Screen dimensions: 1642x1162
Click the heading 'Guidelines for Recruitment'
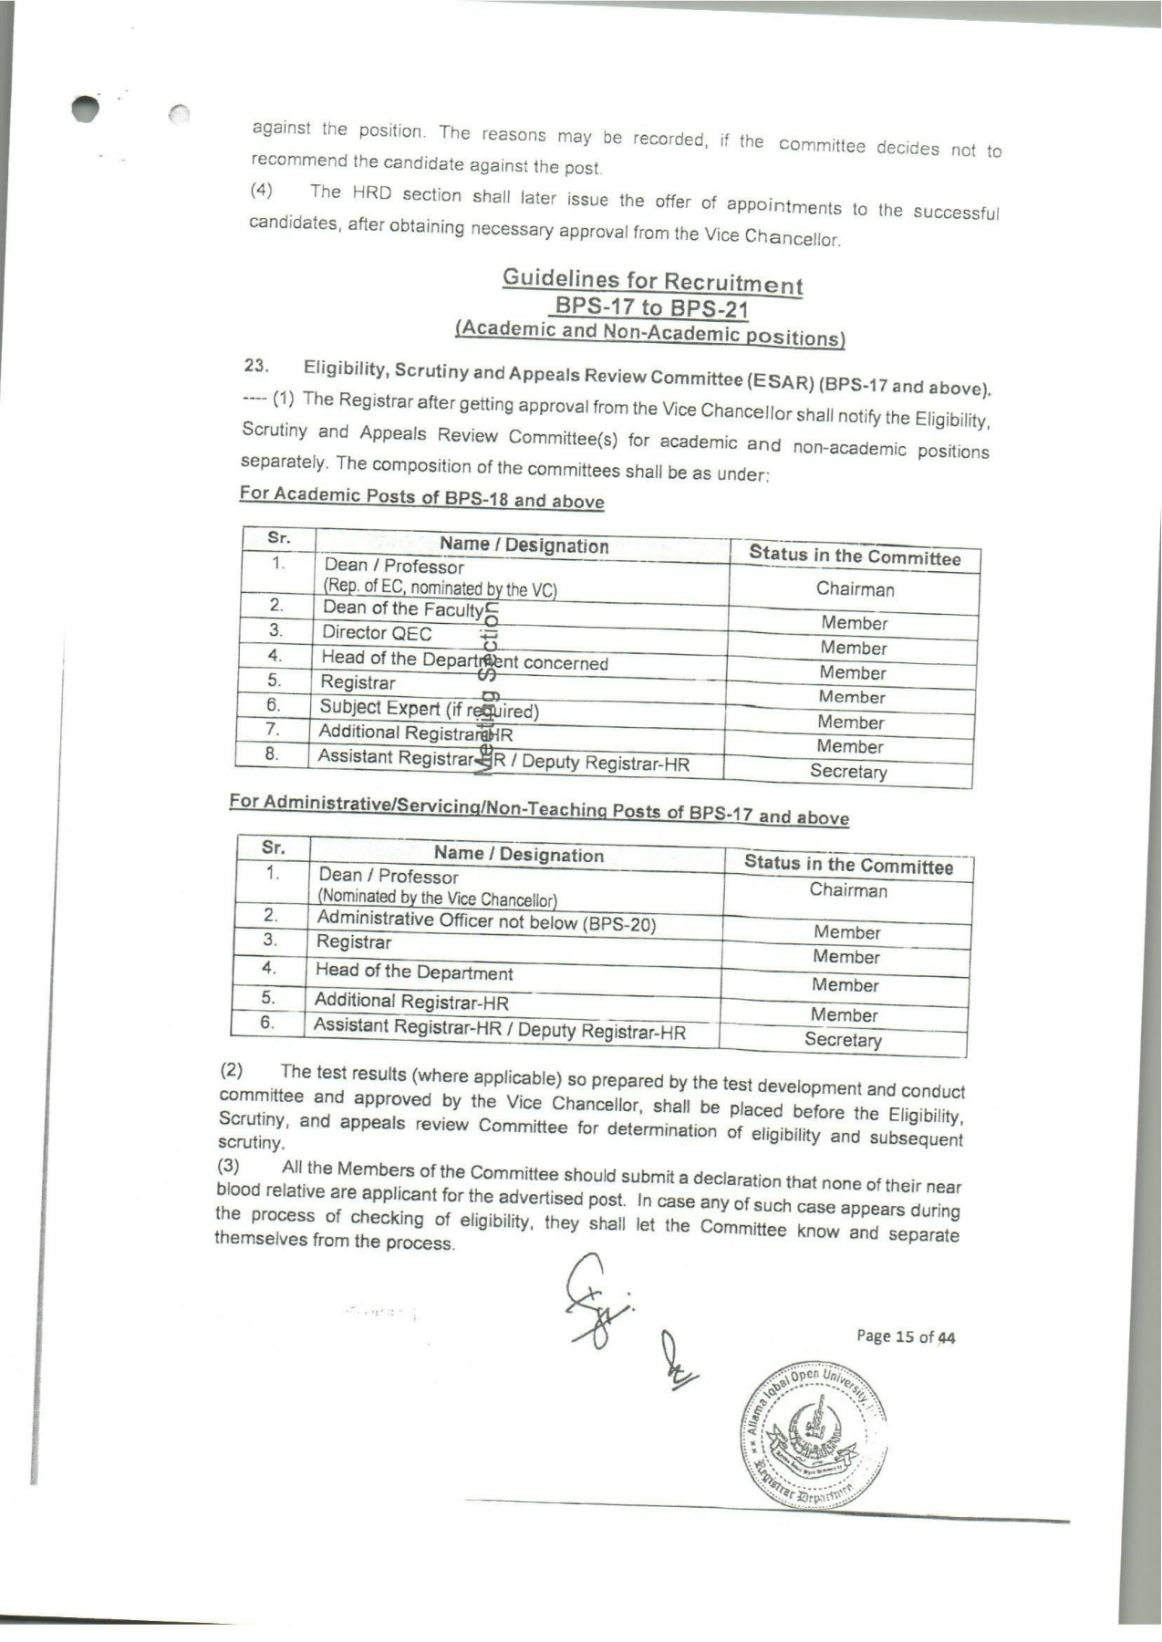click(x=652, y=280)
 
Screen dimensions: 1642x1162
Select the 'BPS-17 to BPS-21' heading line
click(x=652, y=307)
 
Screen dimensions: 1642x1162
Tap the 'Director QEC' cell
click(x=377, y=633)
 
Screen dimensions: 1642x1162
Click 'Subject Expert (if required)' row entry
click(x=429, y=709)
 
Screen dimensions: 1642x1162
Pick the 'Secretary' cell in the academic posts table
click(x=848, y=772)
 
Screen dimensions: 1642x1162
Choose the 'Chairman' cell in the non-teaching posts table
click(x=848, y=890)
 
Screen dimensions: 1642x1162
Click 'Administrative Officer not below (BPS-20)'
click(x=486, y=921)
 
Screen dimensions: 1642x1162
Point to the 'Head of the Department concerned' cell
click(x=464, y=660)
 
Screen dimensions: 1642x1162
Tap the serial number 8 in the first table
click(x=271, y=753)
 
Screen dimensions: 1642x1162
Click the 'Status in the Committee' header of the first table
click(x=855, y=556)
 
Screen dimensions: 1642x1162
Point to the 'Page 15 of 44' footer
click(x=905, y=1337)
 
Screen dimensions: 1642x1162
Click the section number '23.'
click(x=255, y=367)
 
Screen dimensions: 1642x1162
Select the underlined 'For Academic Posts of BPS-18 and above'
click(x=421, y=498)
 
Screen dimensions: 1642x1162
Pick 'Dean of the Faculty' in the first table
click(x=402, y=608)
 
